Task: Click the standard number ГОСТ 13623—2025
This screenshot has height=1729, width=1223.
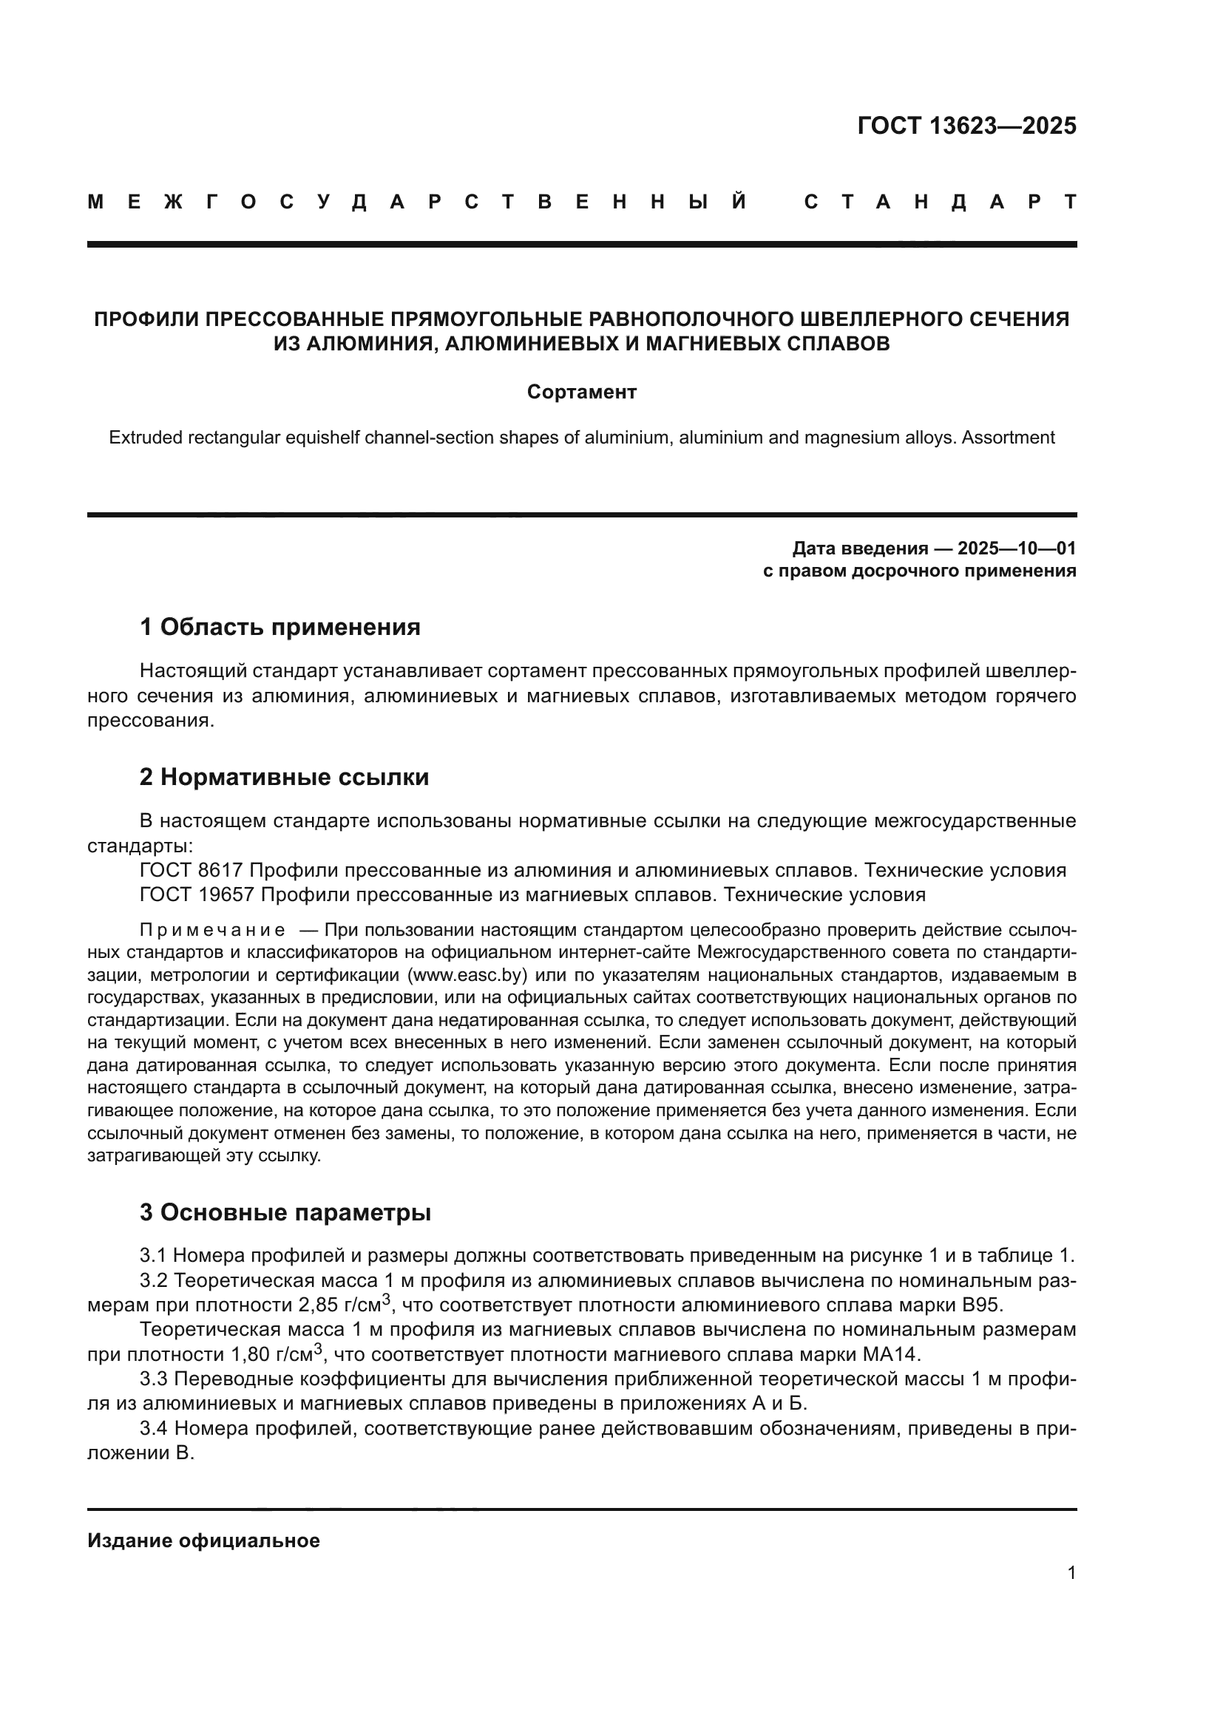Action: pyautogui.click(x=966, y=126)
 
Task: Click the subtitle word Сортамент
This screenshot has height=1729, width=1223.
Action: pyautogui.click(x=581, y=393)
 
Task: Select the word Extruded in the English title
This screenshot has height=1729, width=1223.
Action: pyautogui.click(x=144, y=438)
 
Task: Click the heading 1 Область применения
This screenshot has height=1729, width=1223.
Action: pyautogui.click(x=280, y=628)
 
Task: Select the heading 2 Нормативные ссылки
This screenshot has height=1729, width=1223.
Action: pyautogui.click(x=284, y=777)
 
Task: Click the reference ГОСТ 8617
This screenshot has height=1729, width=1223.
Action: pyautogui.click(x=191, y=871)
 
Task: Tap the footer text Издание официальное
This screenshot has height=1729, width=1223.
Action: pyautogui.click(x=203, y=1541)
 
